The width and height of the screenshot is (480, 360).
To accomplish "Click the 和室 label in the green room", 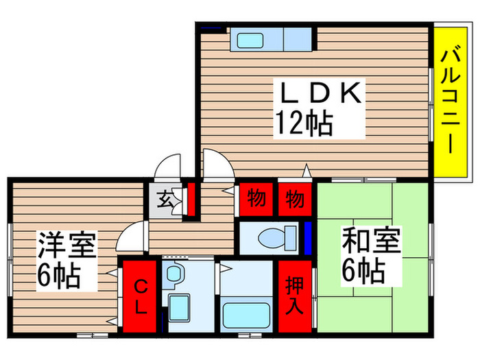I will [360, 244].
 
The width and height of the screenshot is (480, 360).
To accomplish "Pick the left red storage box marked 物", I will [256, 200].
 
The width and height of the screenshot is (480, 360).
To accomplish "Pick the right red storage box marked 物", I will [295, 200].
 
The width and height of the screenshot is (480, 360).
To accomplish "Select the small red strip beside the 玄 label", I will [191, 199].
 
